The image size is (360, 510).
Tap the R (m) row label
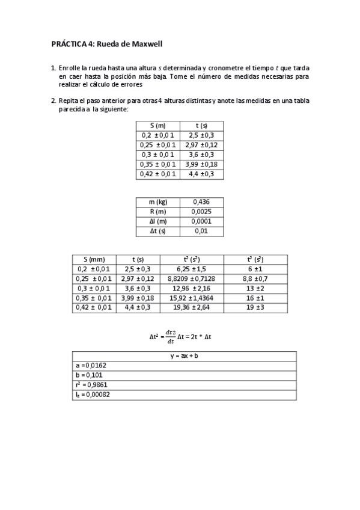[x=160, y=212]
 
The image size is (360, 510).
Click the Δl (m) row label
[x=160, y=221]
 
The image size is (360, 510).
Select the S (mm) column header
[x=94, y=259]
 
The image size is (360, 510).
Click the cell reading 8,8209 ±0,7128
[x=191, y=278]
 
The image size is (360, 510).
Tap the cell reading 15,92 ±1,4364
[x=191, y=298]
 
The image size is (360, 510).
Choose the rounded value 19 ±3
[x=255, y=307]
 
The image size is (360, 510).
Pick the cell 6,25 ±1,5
[x=191, y=269]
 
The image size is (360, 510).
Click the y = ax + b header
[x=184, y=356]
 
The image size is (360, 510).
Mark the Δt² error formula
[x=180, y=337]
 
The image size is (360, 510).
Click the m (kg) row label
[x=160, y=202]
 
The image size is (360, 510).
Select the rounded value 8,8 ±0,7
[x=255, y=278]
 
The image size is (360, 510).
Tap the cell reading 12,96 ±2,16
[x=191, y=288]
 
